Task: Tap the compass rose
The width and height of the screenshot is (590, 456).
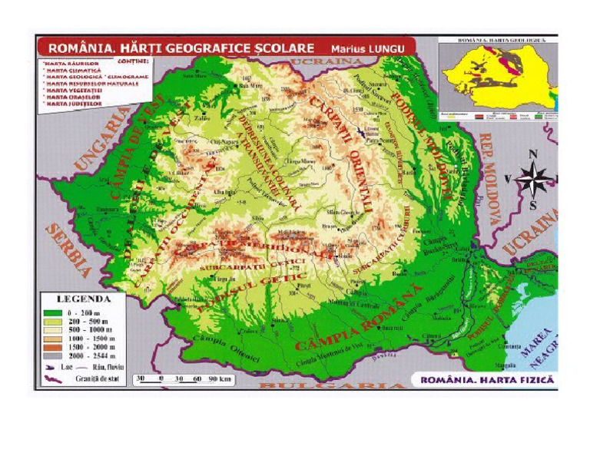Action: tap(533, 180)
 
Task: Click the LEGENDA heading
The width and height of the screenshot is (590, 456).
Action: tap(85, 299)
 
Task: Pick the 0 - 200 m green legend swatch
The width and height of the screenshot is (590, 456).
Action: tap(52, 312)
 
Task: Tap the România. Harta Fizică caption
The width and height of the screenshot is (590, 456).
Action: tap(482, 379)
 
